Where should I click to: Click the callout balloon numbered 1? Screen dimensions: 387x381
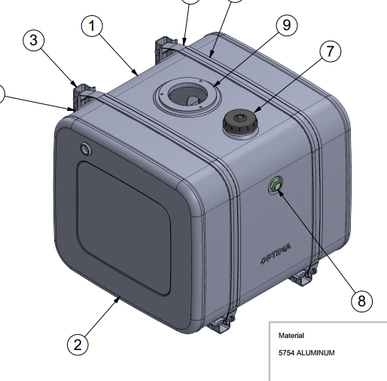pos(92,26)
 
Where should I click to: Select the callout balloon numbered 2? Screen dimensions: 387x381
pos(78,345)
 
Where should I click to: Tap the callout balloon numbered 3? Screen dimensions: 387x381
pos(34,40)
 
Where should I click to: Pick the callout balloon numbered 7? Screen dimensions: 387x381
pos(331,51)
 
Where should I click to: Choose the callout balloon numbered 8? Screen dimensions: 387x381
pos(361,301)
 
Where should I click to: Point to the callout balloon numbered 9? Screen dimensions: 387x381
pos(287,25)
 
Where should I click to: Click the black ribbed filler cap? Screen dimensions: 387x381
pos(240,121)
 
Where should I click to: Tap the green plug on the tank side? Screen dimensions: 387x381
pos(276,186)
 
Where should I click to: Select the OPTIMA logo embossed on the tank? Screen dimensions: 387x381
pos(276,253)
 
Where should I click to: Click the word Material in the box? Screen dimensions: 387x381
pos(291,336)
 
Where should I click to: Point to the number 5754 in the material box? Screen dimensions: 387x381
pos(286,353)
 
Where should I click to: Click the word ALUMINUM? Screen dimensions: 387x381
pos(315,353)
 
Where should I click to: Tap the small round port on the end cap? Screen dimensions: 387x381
pos(86,149)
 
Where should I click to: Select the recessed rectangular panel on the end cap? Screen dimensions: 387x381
pos(124,228)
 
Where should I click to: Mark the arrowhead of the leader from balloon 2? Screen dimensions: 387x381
pos(118,299)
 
